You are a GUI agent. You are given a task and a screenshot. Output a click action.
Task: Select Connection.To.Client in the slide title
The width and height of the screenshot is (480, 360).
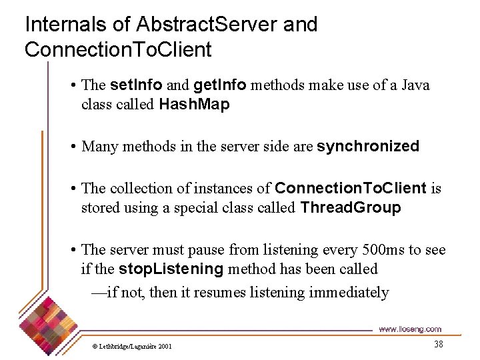point(118,49)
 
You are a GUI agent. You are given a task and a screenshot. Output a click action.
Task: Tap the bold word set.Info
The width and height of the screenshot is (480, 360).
point(136,85)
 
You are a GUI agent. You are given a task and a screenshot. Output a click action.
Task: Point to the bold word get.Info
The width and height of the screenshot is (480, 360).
point(220,85)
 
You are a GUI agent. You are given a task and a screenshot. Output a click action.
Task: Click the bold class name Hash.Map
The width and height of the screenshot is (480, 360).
point(194,105)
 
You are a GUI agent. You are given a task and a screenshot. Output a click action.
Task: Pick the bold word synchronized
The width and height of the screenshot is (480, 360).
point(368,147)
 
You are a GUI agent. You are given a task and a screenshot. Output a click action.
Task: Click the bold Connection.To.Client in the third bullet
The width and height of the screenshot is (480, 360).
point(351,189)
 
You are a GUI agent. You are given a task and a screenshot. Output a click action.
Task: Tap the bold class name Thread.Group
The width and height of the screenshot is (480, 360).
point(351,208)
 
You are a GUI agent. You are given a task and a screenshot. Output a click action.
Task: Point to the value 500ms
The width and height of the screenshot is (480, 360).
point(377,250)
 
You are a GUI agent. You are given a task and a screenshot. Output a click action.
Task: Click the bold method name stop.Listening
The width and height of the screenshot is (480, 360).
point(171,269)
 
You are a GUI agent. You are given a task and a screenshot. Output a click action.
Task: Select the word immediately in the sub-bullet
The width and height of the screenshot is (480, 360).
point(349,292)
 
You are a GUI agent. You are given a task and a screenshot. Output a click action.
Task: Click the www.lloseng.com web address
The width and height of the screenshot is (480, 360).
point(409,329)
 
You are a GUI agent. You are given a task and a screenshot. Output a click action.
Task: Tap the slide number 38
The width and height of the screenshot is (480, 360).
point(438,344)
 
